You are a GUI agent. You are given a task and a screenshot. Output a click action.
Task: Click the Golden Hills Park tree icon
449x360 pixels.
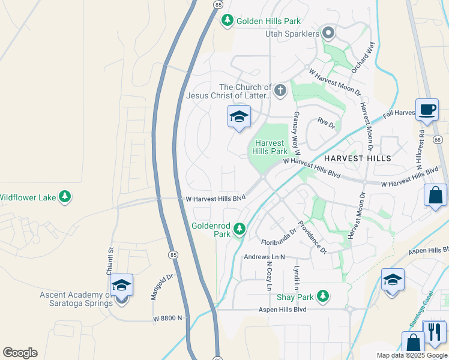(228, 21)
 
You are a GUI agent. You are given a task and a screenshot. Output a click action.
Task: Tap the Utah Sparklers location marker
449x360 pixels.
(328, 34)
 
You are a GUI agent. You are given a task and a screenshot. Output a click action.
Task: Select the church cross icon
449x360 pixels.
(280, 91)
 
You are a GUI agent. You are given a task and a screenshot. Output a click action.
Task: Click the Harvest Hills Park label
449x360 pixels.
(271, 147)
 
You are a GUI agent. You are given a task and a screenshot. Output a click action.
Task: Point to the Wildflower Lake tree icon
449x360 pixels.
(65, 197)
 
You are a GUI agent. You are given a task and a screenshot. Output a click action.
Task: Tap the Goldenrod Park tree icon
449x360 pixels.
(240, 229)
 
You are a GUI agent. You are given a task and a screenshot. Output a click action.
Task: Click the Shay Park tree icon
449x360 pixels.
(323, 296)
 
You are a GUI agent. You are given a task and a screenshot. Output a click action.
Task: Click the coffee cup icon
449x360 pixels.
(427, 110)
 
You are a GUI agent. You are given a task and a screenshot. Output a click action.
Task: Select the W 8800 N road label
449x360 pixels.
(167, 318)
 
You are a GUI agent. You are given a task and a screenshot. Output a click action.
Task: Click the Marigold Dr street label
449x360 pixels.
(161, 287)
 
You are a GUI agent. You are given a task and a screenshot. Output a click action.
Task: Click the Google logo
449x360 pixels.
(20, 353)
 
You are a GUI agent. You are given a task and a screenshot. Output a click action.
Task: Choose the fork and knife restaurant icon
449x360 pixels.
(435, 331)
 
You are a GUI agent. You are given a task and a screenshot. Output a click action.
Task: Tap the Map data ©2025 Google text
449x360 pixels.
(412, 355)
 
